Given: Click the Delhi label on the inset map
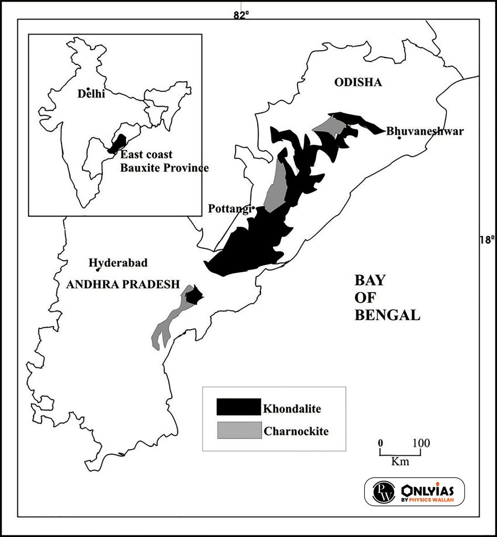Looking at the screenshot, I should point(91,94).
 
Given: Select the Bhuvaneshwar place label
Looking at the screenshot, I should point(425,131).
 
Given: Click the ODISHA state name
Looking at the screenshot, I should point(358,83).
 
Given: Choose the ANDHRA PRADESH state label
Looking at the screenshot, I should point(122,284).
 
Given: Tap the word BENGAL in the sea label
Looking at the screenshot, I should point(387,315).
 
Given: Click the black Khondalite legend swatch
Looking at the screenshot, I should point(238,407).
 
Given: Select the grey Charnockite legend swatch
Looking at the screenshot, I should point(238,430).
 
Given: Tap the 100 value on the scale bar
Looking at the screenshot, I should point(421,443).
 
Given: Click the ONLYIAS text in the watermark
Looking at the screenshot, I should point(427,490).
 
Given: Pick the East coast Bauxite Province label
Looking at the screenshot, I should point(164,162).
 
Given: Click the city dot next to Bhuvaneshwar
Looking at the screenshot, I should point(399,137).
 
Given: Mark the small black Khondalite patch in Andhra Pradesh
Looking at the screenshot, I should point(194,295).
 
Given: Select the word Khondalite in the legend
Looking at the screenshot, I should point(292,407).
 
